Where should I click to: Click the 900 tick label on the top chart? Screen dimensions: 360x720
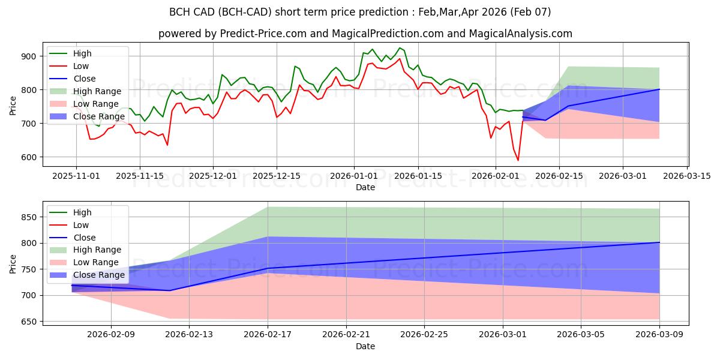(29, 56)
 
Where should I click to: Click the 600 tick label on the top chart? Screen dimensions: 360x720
(29, 157)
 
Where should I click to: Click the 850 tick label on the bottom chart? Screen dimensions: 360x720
(29, 217)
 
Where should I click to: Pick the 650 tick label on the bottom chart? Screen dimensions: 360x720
(29, 322)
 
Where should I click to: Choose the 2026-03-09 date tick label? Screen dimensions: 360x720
(659, 335)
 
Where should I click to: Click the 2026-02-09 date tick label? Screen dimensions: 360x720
(110, 335)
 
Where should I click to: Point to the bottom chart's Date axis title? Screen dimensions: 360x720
(365, 346)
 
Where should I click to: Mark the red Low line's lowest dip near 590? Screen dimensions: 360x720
(518, 160)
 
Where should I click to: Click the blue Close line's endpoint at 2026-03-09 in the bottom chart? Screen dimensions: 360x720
(659, 242)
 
